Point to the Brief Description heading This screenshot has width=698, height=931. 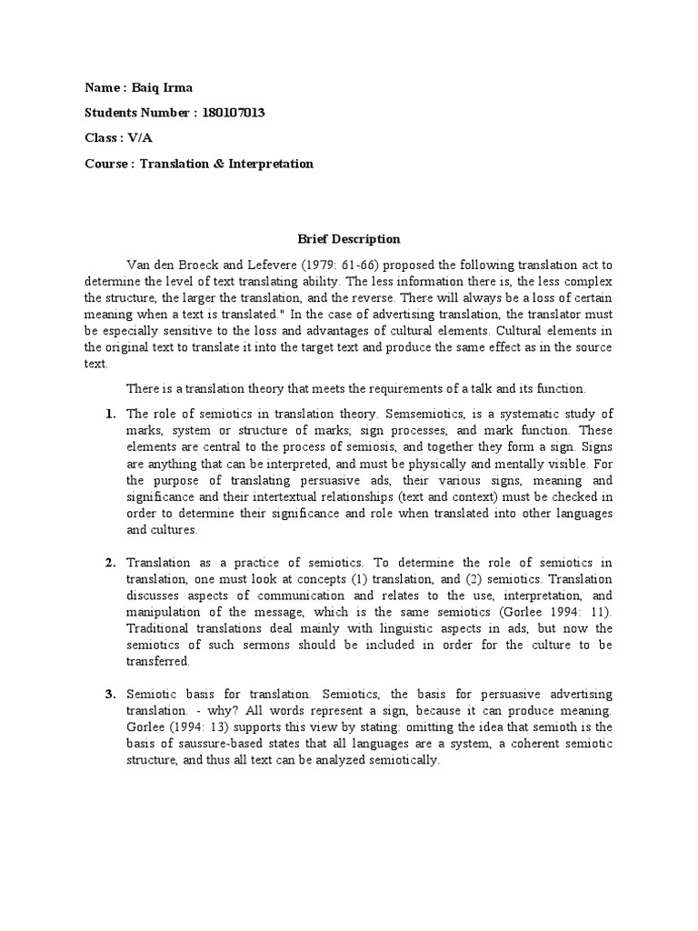[349, 239]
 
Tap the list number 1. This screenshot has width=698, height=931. [110, 415]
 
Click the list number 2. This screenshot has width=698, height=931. [110, 563]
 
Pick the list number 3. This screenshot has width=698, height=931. [110, 696]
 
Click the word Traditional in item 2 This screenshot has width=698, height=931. [158, 629]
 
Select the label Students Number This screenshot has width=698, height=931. [136, 113]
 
